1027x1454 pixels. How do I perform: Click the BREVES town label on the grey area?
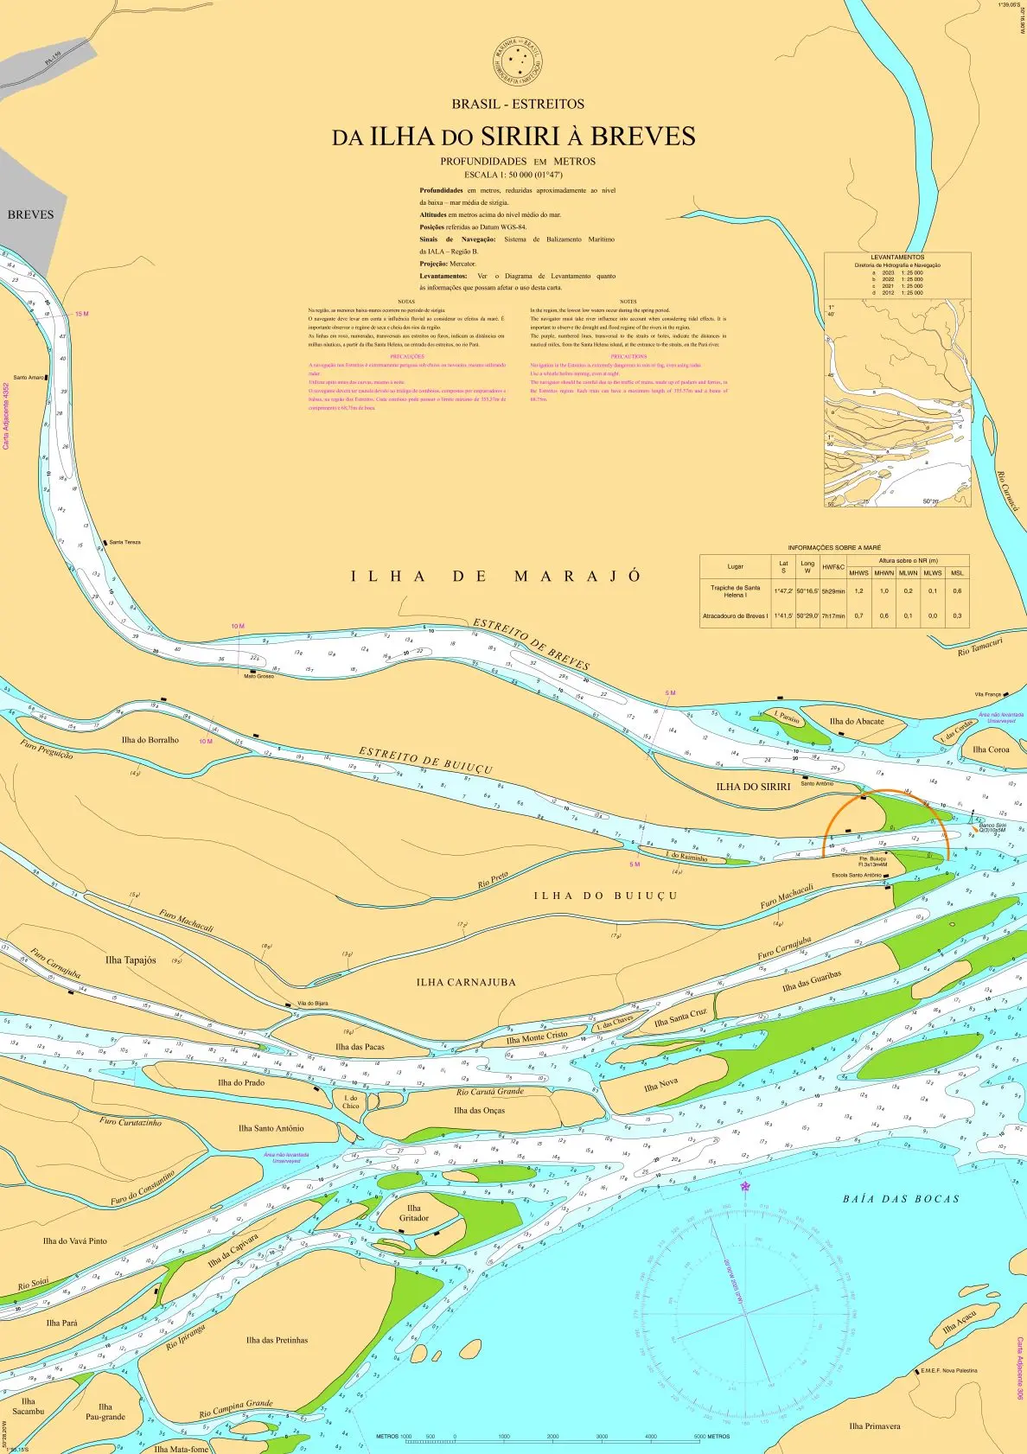coord(30,214)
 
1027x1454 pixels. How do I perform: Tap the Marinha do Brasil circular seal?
coord(518,61)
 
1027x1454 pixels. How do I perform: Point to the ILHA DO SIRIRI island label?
coord(753,787)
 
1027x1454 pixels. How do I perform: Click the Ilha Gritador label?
coord(413,1213)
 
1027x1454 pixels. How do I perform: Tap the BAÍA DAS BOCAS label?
coord(901,1199)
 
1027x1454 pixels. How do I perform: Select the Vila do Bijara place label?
coord(311,1004)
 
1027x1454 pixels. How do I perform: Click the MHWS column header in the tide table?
coord(858,573)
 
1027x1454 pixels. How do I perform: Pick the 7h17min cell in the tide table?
coord(833,616)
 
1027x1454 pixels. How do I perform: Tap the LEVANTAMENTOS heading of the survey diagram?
coord(896,258)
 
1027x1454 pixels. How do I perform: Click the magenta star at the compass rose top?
coord(745,1186)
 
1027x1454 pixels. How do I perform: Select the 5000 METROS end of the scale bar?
coord(712,1437)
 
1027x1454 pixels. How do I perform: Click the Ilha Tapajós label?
coord(131,960)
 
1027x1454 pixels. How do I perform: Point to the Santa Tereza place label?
coord(124,542)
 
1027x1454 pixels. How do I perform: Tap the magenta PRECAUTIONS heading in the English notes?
coord(628,356)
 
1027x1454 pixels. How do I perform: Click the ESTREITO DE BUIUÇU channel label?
coord(425,761)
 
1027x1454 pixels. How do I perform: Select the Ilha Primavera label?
coord(875,1426)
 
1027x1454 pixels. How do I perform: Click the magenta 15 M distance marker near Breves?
coord(81,314)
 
